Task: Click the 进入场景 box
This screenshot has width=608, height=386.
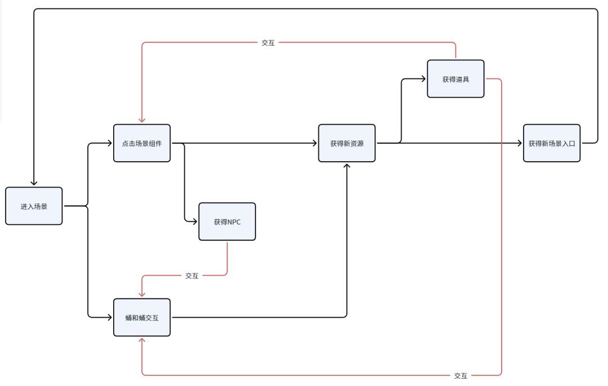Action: click(34, 206)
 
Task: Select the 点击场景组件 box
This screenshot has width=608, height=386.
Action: click(142, 143)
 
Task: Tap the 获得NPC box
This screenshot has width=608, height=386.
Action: click(227, 221)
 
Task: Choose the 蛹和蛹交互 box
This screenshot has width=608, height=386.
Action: click(142, 317)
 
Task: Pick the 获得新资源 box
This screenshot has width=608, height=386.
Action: click(347, 143)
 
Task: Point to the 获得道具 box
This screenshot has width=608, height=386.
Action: click(455, 79)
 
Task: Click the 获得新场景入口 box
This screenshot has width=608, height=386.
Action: click(552, 143)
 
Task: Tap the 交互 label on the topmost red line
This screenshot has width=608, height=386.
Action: click(268, 43)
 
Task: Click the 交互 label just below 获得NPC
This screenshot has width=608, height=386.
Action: click(191, 276)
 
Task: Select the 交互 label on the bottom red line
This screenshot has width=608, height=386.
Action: click(461, 375)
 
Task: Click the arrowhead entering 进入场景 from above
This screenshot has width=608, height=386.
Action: click(34, 183)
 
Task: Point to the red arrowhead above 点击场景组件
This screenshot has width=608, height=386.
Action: click(142, 120)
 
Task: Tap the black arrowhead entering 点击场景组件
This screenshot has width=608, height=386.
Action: click(109, 143)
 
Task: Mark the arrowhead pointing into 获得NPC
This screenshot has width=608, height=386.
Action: click(195, 221)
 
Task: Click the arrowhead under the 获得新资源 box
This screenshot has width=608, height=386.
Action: click(347, 166)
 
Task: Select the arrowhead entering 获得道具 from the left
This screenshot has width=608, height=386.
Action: click(423, 79)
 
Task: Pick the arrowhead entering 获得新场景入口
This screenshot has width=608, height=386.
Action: click(519, 143)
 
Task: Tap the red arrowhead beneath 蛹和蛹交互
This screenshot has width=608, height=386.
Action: click(142, 340)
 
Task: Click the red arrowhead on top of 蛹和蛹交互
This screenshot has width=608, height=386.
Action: click(142, 295)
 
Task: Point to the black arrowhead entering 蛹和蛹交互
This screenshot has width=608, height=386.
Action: click(109, 317)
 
